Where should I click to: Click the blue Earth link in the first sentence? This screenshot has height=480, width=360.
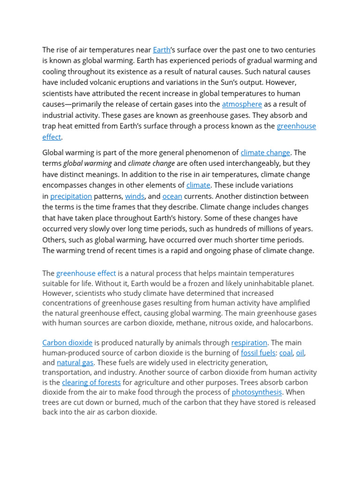click(x=162, y=50)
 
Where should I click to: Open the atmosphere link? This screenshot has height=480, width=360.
click(x=242, y=104)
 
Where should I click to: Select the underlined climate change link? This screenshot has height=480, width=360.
click(x=265, y=152)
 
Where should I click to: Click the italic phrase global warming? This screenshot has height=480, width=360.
click(x=88, y=163)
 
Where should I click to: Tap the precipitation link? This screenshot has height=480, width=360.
click(x=71, y=196)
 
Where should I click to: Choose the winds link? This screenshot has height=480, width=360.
click(x=135, y=196)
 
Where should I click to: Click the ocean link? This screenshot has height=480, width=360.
click(x=172, y=196)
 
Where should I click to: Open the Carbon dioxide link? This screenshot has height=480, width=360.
click(x=67, y=343)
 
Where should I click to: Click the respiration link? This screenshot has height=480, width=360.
click(x=249, y=343)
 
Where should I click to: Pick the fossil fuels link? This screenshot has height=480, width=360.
click(x=258, y=352)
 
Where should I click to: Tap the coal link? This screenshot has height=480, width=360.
click(x=286, y=352)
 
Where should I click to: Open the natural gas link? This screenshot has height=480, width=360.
click(x=75, y=362)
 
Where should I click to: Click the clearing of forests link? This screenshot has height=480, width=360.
click(x=91, y=382)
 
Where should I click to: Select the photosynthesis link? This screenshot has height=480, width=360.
click(x=257, y=392)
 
